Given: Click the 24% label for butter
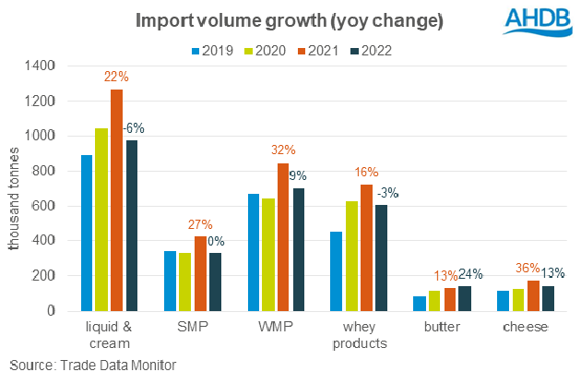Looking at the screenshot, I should pyautogui.click(x=470, y=274).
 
